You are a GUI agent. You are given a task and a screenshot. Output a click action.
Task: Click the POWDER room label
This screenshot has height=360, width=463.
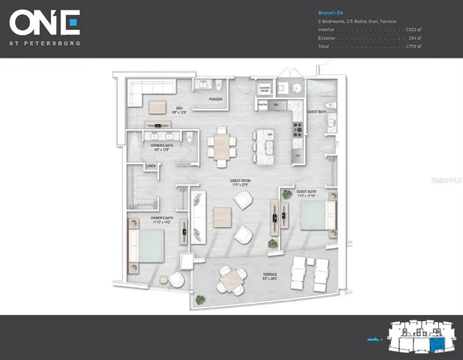tap(216, 99)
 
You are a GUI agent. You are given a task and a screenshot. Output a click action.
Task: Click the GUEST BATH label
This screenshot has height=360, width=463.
tap(317, 111)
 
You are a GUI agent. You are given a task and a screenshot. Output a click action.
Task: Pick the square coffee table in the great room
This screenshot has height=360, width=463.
tap(223, 217)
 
